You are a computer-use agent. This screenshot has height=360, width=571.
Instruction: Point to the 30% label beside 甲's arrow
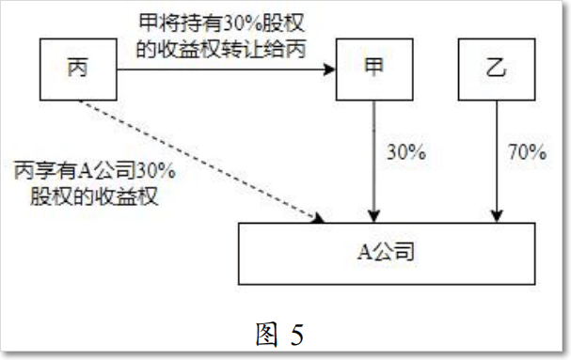click(x=406, y=152)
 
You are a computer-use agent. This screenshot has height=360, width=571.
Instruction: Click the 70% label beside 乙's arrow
click(x=528, y=152)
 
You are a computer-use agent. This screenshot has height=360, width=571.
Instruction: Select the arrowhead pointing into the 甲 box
click(x=329, y=70)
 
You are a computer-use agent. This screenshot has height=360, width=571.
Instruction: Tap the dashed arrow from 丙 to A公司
click(x=201, y=162)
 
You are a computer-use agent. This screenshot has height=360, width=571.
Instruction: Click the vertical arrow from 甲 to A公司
click(x=374, y=162)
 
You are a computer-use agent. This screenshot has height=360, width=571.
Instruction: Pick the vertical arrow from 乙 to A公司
click(x=497, y=162)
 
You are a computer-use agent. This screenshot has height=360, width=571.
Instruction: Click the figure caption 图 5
click(x=279, y=335)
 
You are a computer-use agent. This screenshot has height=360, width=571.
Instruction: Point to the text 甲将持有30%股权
click(x=221, y=23)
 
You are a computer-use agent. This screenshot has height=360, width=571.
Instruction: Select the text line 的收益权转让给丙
click(x=221, y=49)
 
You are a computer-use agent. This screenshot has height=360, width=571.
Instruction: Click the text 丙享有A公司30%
click(x=95, y=170)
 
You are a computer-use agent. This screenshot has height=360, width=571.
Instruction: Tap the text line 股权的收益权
click(x=94, y=196)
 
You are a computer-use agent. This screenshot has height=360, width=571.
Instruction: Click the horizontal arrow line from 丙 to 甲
click(x=226, y=70)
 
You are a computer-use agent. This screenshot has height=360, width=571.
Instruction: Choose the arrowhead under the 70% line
click(x=497, y=216)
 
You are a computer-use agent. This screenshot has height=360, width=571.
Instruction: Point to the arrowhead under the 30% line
click(x=374, y=216)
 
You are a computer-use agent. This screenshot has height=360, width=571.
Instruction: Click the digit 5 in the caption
click(x=297, y=335)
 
